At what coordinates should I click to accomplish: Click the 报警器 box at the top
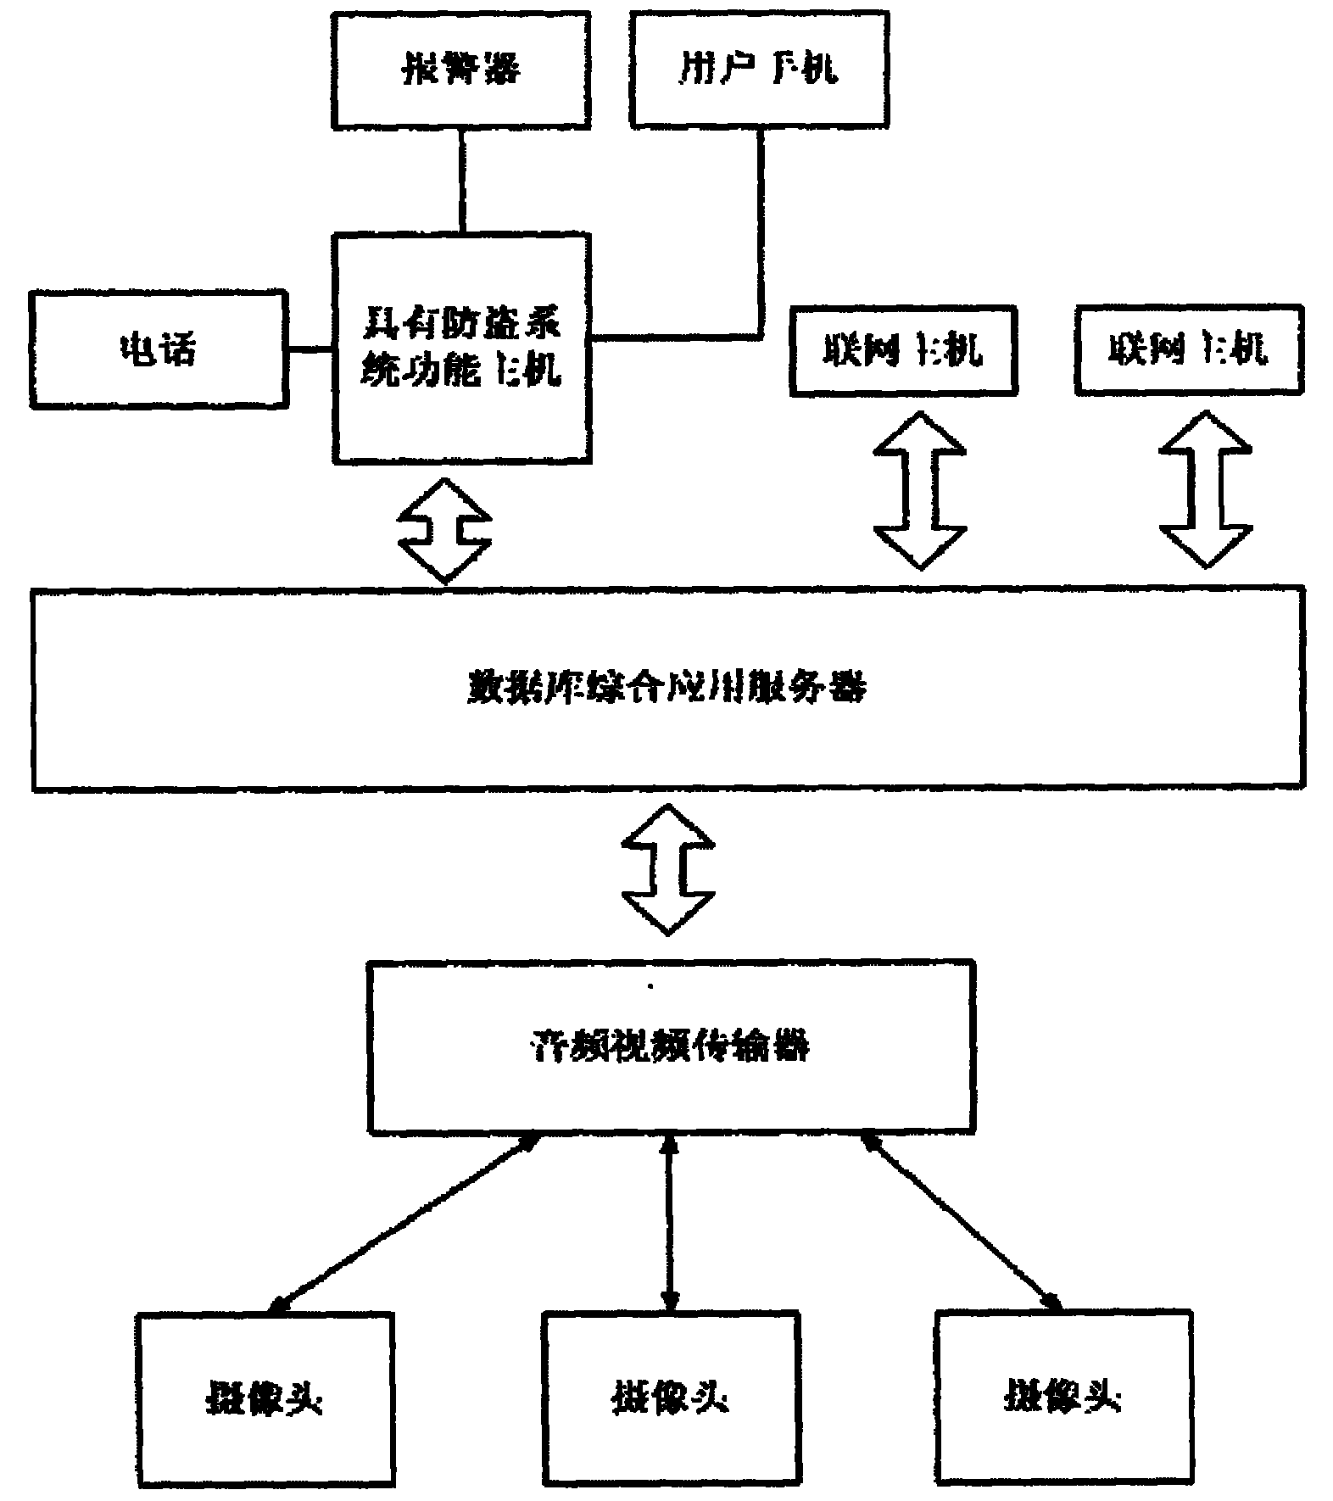460,69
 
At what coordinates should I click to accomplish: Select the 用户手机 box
760,69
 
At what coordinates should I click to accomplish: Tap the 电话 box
159,349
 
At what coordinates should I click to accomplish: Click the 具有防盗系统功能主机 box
462,348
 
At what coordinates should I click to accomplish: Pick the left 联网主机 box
902,350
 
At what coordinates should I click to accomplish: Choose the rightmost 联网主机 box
1189,349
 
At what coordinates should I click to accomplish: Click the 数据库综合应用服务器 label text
667,687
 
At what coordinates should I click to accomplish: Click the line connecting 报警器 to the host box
462,181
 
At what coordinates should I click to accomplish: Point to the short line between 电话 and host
311,349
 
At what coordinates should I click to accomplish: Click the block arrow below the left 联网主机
920,490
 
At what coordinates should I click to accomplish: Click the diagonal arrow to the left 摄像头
403,1222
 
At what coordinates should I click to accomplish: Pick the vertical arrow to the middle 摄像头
671,1222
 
